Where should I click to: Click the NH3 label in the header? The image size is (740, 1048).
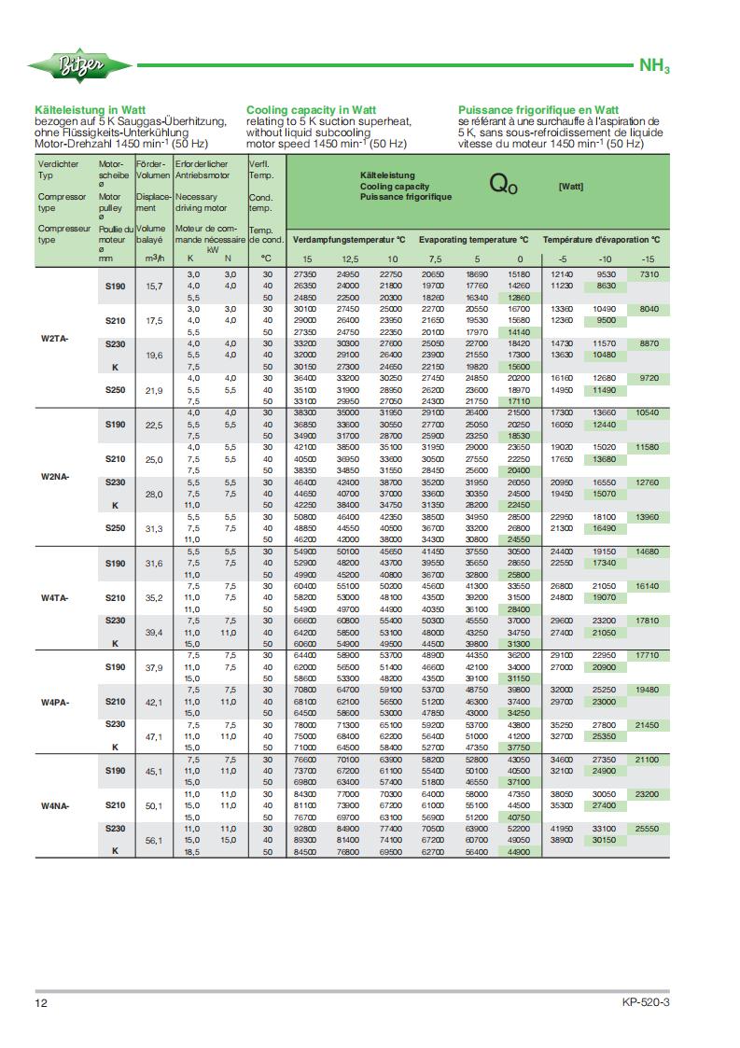tap(654, 67)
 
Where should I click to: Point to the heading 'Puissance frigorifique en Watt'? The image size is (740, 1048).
tap(538, 109)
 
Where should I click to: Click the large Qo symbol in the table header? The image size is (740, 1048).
tap(503, 184)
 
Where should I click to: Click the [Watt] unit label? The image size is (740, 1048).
tap(570, 186)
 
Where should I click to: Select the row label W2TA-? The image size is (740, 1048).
tap(52, 339)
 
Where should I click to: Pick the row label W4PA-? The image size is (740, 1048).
tap(52, 701)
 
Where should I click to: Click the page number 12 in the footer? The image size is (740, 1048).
tap(41, 1003)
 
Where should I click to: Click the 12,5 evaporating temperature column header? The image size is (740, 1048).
tap(349, 258)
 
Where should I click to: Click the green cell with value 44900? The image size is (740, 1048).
tap(519, 851)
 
